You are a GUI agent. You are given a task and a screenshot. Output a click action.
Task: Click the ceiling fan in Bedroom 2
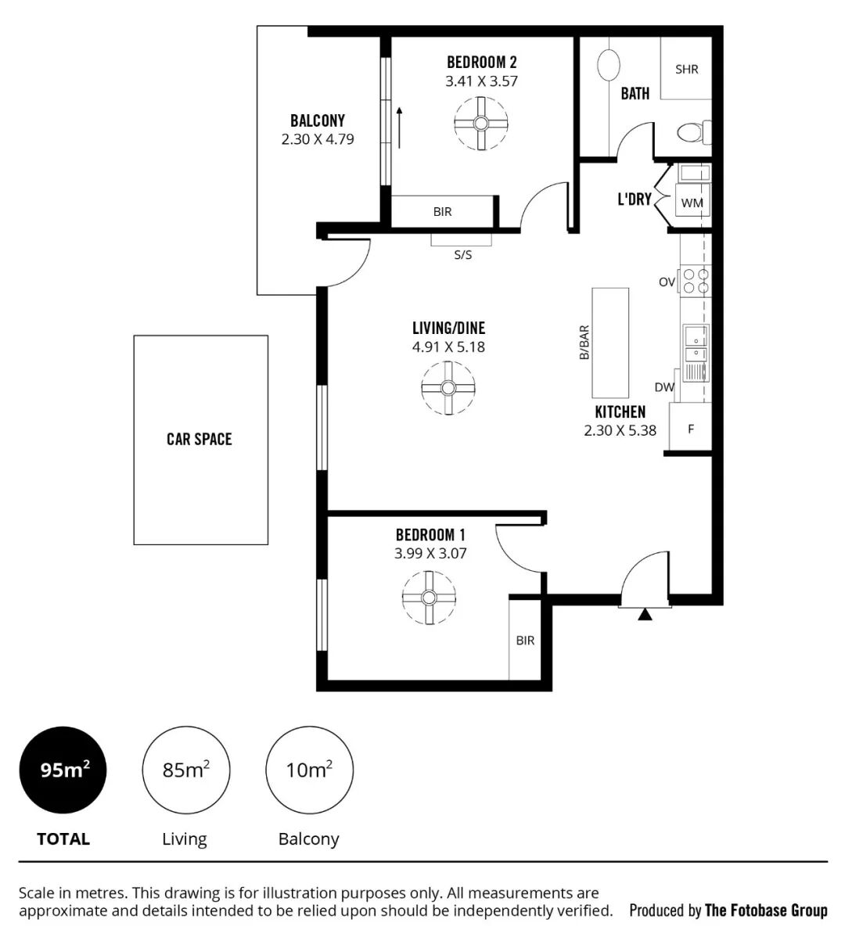[480, 124]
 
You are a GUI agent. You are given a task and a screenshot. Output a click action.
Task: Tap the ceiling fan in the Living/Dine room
[448, 388]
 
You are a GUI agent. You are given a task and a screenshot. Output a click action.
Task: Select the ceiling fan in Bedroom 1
[429, 598]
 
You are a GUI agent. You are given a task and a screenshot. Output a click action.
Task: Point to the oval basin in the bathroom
[608, 64]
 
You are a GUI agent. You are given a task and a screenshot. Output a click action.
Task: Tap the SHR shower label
[687, 70]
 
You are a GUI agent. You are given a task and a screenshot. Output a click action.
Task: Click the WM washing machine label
[692, 203]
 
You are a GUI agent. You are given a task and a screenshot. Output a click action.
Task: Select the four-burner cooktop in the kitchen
[696, 281]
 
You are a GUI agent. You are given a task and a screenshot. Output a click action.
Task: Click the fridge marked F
[690, 428]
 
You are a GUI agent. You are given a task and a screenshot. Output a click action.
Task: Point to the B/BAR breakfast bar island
[610, 343]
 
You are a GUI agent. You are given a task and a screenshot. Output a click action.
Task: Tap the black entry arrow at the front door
[645, 615]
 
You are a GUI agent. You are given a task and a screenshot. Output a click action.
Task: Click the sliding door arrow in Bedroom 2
[399, 127]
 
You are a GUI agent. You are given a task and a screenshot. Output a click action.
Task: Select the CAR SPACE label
[200, 439]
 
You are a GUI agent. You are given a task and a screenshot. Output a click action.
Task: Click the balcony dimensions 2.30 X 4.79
[318, 139]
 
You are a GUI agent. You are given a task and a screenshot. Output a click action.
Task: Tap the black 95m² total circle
[63, 770]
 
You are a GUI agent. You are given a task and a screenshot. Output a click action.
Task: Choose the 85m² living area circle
[185, 770]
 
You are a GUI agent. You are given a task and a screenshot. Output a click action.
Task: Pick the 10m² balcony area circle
[309, 770]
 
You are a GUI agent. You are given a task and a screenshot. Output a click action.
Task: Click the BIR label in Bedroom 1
[525, 641]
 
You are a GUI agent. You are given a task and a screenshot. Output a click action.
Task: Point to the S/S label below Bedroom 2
[463, 255]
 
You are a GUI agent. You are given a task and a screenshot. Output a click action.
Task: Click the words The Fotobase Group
[765, 910]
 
